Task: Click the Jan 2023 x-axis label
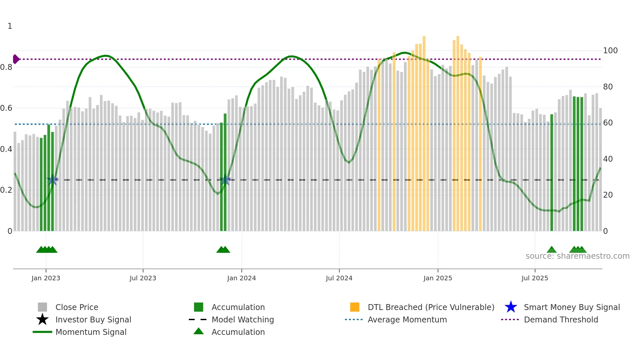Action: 46,278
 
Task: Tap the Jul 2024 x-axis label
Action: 339,278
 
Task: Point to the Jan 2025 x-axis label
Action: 438,278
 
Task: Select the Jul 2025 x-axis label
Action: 535,278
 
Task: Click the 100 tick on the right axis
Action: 610,51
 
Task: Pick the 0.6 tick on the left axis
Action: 6,108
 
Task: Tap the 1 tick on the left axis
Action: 10,26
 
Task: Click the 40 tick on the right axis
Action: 608,159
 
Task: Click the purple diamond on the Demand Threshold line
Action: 16,59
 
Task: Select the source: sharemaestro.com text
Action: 577,256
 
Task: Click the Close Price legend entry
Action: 76,307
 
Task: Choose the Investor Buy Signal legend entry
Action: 93,319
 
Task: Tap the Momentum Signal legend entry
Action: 91,332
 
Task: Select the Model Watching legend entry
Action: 242,319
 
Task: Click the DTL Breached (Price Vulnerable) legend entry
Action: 431,307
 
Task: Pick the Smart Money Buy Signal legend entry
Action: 571,307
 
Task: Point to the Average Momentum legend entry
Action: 407,319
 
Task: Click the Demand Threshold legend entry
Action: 561,319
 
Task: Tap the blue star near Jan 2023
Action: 52,179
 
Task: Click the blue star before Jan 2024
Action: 225,179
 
